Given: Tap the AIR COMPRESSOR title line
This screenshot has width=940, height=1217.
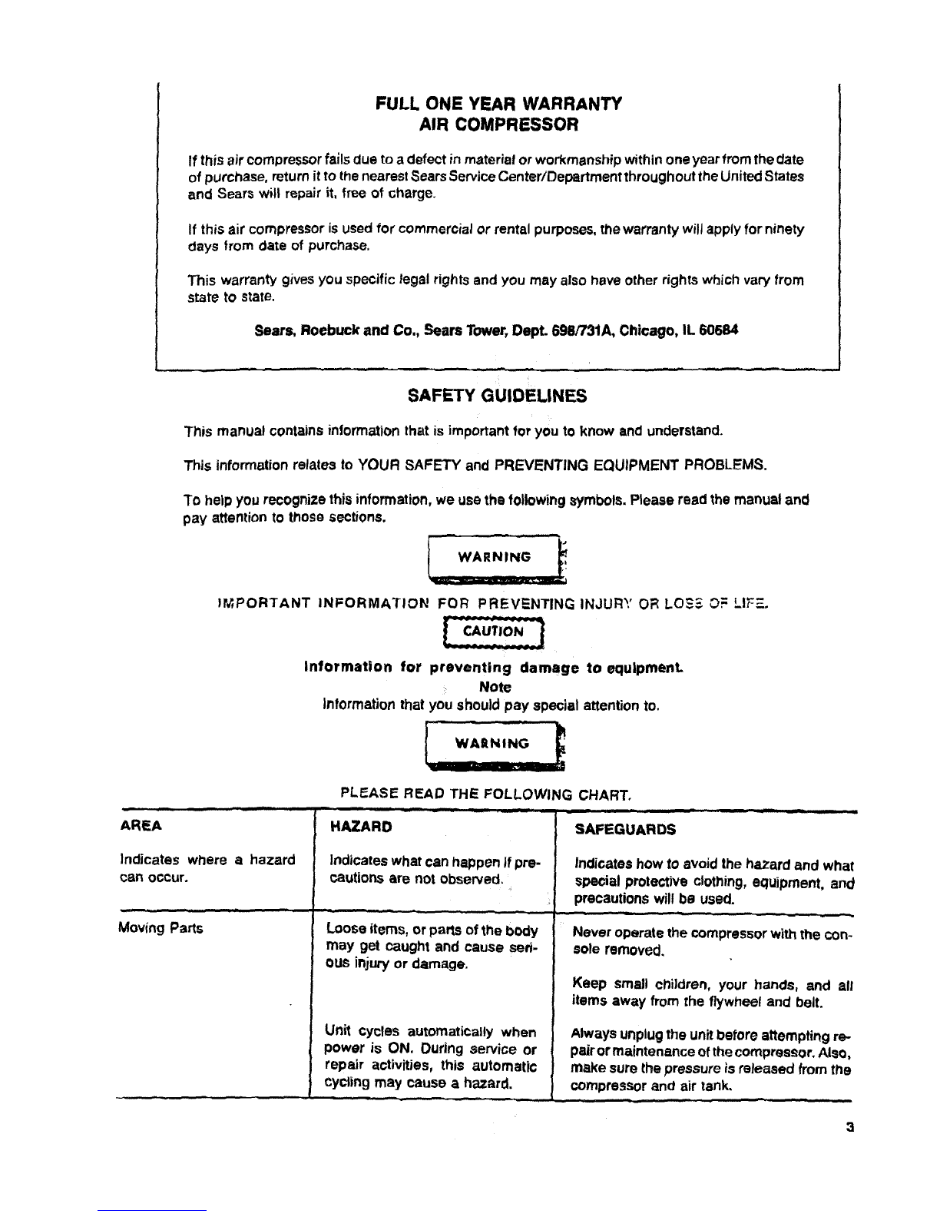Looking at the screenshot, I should tap(498, 124).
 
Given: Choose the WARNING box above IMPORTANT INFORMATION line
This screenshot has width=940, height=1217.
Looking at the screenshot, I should tap(494, 557).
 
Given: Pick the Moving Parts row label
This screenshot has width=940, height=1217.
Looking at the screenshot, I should tap(161, 928).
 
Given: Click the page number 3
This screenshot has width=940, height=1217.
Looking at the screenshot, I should tap(849, 1129).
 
